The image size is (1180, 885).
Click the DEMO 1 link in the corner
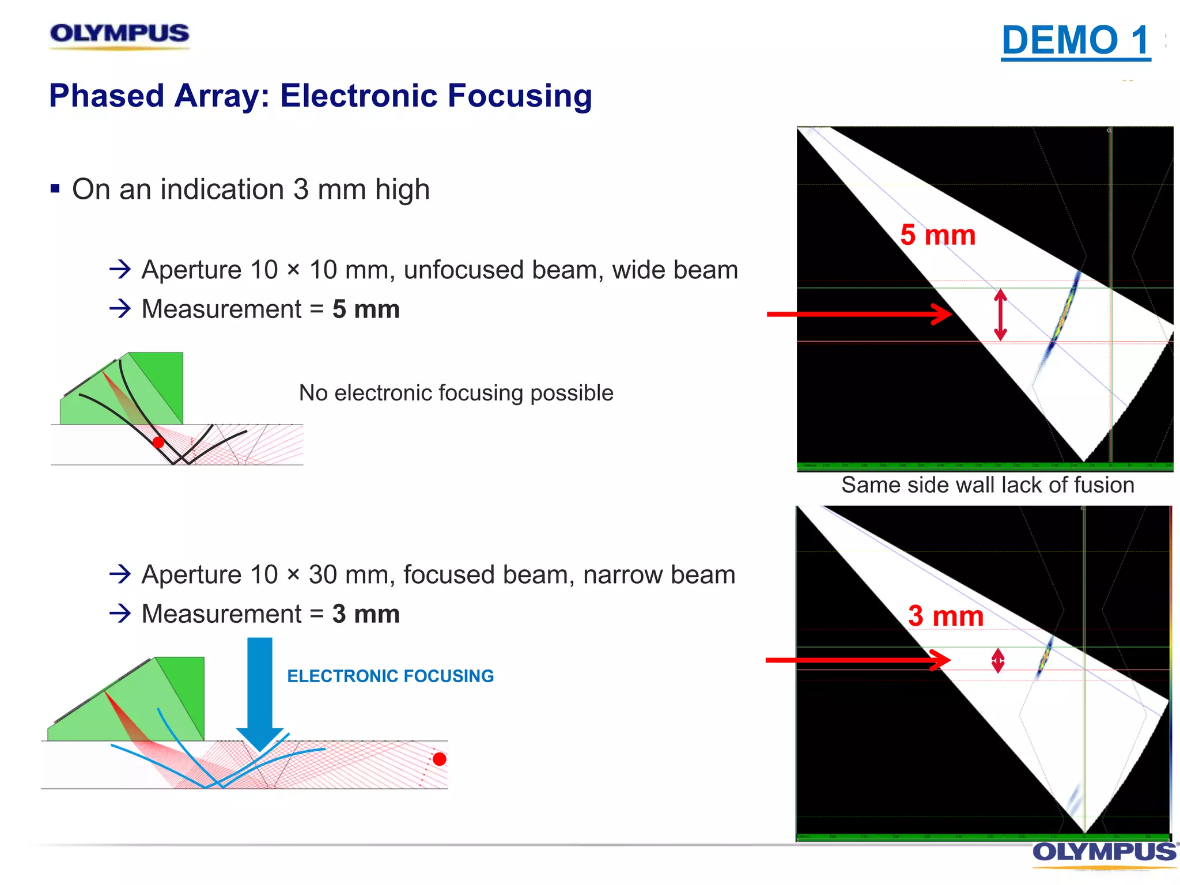1075,40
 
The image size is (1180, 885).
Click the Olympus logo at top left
119,35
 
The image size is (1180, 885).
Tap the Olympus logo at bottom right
1104,852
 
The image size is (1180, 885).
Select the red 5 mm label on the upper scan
937,235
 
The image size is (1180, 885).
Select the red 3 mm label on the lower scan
945,616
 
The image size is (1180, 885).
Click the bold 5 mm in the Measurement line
366,309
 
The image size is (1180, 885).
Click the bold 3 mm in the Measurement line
366,614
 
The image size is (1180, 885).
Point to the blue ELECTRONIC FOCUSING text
390,676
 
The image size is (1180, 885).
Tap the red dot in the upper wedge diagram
158,442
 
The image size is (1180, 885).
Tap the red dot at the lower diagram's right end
439,759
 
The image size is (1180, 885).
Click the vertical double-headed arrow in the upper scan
1000,315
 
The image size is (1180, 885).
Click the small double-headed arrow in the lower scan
998,661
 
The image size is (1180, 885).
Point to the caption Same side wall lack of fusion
987,485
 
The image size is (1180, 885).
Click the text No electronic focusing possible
456,393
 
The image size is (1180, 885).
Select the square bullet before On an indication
55,188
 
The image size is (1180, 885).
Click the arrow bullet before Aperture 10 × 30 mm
120,574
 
